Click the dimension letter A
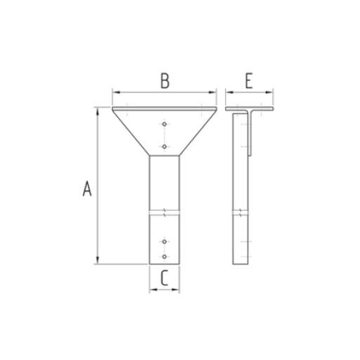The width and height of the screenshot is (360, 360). click(x=87, y=188)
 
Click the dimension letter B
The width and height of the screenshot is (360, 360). click(x=165, y=81)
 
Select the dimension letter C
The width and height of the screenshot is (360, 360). click(x=165, y=278)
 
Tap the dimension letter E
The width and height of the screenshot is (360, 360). click(x=249, y=81)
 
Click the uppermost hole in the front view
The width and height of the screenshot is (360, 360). click(x=165, y=124)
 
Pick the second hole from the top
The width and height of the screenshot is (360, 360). click(x=165, y=147)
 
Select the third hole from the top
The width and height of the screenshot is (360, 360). click(x=165, y=241)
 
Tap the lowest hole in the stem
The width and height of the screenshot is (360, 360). click(x=165, y=257)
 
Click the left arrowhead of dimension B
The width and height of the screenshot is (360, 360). click(x=116, y=92)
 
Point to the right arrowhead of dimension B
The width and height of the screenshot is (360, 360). click(x=212, y=92)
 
